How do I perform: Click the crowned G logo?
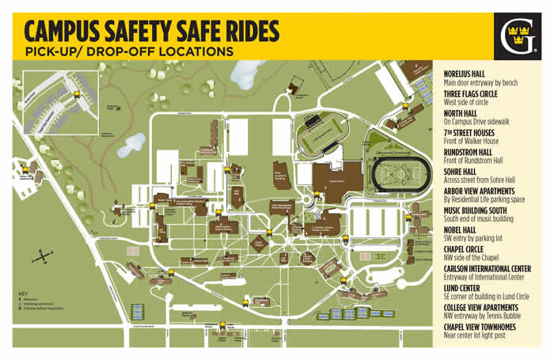pyautogui.click(x=518, y=36)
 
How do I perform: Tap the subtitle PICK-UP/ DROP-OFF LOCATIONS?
pyautogui.click(x=129, y=51)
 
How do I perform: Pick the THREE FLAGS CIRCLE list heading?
pyautogui.click(x=476, y=94)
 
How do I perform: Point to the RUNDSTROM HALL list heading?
pyautogui.click(x=473, y=153)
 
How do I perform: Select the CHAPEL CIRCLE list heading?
pyautogui.click(x=469, y=249)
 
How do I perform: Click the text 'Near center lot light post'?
pyautogui.click(x=478, y=335)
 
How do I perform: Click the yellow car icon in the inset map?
pyautogui.click(x=76, y=93)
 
